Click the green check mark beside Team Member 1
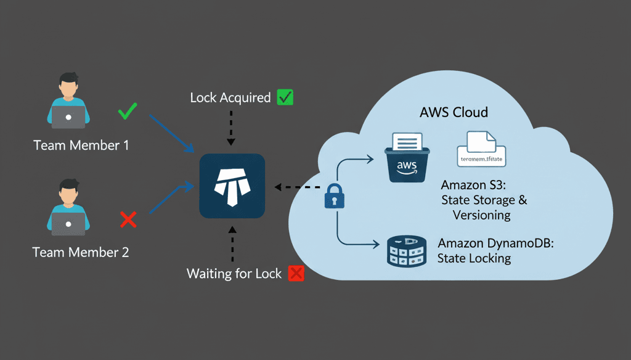pos(128,112)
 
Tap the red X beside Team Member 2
pos(128,219)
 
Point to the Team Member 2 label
pos(81,252)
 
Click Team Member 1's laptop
pos(68,117)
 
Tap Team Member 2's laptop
pos(68,224)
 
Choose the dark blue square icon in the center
pos(232,186)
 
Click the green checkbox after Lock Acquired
pos(285,97)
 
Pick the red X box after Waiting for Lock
pos(296,273)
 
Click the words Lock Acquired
pos(230,97)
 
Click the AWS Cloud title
pos(454,112)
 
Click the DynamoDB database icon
pos(407,249)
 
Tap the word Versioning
pos(482,215)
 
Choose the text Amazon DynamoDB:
pos(496,243)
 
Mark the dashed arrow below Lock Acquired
pos(231,128)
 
